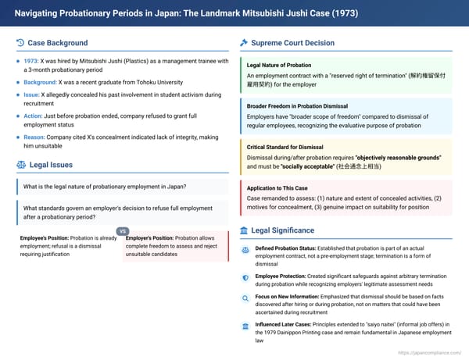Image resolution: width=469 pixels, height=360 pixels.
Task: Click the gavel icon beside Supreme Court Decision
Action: [244, 43]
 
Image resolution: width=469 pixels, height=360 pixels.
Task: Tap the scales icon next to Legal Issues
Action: [20, 164]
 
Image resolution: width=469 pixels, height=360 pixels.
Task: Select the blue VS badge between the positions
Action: [122, 231]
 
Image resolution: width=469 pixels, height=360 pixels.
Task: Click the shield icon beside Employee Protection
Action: [245, 276]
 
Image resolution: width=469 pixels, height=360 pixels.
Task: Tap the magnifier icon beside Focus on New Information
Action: [245, 298]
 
